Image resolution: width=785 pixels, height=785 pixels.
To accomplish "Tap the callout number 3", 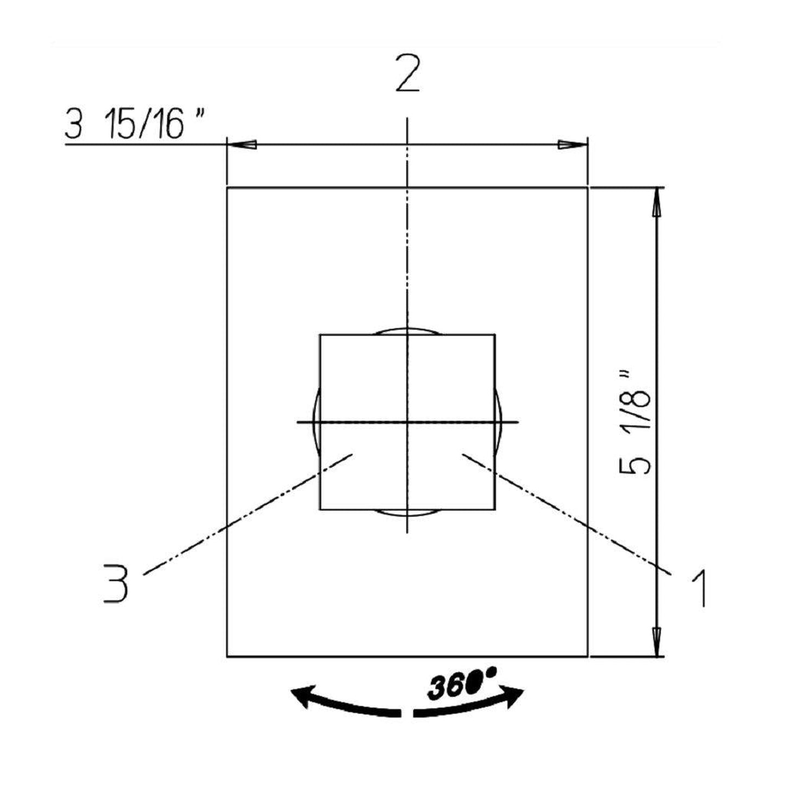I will tap(117, 583).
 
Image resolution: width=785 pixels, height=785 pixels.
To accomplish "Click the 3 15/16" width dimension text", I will tap(136, 124).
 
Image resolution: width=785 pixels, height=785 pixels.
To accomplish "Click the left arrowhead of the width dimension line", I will tap(242, 145).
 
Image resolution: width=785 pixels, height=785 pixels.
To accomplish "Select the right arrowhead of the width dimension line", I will tap(573, 145).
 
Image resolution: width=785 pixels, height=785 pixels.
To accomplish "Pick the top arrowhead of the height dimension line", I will tap(657, 203).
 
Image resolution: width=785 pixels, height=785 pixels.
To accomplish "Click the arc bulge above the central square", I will tap(407, 330).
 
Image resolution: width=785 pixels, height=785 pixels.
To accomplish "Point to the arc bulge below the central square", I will tap(407, 512).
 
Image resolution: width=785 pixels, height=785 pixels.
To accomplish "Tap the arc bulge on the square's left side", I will tap(316, 422).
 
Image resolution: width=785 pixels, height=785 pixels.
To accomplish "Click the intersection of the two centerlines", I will tap(407, 422).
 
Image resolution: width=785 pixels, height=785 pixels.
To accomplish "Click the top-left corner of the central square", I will tap(320, 335).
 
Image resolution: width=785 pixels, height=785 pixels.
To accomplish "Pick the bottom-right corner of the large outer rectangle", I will tap(588, 657).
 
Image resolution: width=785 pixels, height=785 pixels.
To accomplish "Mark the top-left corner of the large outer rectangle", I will tap(227, 187).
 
